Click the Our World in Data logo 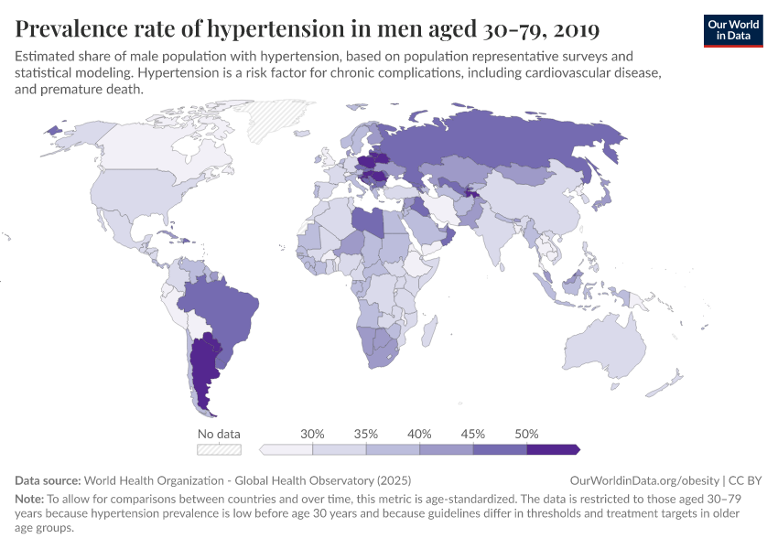click(732, 30)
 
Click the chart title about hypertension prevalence click(308, 29)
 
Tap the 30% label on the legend click(313, 434)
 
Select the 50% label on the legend click(526, 434)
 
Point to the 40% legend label click(419, 434)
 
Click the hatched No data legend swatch click(219, 449)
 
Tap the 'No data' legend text click(219, 434)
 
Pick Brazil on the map click(220, 311)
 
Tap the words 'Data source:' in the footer click(48, 480)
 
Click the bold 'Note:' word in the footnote click(31, 500)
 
